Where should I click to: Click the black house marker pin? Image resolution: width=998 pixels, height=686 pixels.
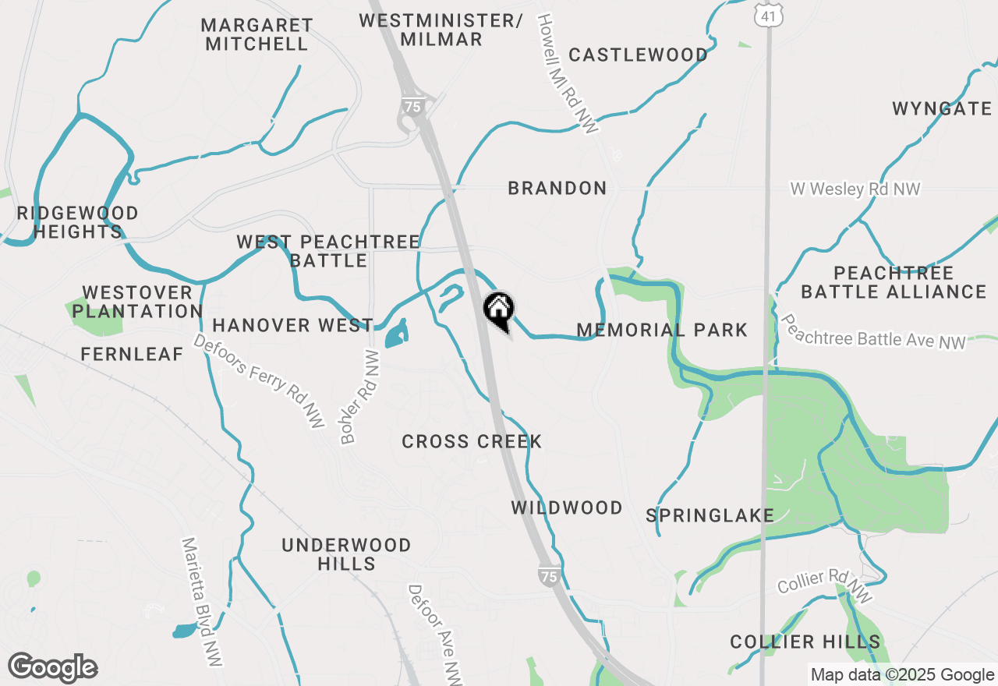click(x=498, y=309)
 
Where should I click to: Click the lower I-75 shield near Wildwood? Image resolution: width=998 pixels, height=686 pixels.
click(x=548, y=577)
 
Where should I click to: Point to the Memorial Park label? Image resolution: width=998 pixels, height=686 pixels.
click(x=662, y=331)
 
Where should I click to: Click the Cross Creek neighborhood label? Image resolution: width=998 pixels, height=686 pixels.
click(x=472, y=442)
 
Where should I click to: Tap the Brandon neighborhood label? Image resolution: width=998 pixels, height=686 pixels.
click(x=557, y=189)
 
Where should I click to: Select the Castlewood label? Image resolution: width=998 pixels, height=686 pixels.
click(x=638, y=55)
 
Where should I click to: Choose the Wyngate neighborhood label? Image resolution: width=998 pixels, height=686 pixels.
click(x=942, y=109)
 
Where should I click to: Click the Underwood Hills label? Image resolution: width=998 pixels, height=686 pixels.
click(x=346, y=554)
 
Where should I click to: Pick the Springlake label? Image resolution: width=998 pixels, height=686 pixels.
click(x=710, y=516)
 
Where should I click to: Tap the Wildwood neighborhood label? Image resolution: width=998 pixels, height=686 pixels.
click(x=567, y=508)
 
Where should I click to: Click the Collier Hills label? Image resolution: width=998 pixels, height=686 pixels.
click(x=805, y=642)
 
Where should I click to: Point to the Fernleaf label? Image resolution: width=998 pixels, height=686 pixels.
click(x=132, y=355)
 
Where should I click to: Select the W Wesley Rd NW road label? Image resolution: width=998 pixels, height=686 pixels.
click(x=855, y=189)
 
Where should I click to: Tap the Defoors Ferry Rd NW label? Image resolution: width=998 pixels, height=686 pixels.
click(x=258, y=381)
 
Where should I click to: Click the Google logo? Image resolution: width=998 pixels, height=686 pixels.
click(x=53, y=668)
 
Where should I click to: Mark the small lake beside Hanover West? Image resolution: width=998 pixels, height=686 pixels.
click(x=395, y=333)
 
